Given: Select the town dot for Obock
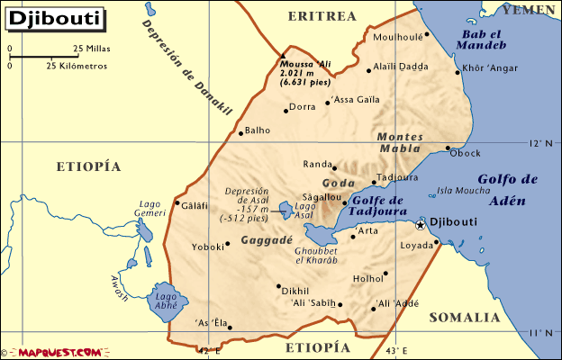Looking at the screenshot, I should [x=448, y=148].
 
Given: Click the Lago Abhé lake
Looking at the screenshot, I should [x=167, y=301].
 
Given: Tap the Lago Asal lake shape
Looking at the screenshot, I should [x=286, y=211].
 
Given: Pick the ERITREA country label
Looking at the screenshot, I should [x=322, y=16].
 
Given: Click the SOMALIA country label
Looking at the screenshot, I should [x=463, y=318].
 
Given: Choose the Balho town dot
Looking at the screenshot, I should [x=240, y=132].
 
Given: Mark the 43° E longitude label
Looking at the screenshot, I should [x=396, y=350].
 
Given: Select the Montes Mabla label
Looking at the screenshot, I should [x=400, y=142].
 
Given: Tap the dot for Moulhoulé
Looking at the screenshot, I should [x=427, y=35].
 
